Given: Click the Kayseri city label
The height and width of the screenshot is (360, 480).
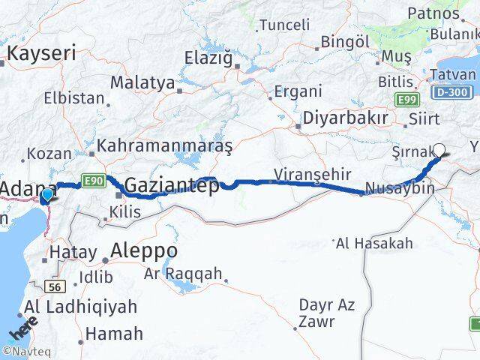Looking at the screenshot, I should [41, 52].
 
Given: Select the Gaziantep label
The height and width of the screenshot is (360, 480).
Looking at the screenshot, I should [172, 185].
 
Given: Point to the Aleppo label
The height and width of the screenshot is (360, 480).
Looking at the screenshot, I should [144, 250].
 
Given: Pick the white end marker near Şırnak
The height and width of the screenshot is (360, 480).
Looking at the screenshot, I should [439, 149].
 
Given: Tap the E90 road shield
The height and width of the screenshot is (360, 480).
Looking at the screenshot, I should [94, 180].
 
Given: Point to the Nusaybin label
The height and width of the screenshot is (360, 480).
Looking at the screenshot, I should [400, 188].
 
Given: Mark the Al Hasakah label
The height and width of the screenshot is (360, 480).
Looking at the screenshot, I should [375, 243].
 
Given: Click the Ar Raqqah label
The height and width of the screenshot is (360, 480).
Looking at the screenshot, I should [183, 274].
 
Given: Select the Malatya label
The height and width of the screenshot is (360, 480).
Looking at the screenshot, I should [142, 82].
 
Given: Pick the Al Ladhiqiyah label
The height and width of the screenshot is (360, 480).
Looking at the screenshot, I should [80, 307].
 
